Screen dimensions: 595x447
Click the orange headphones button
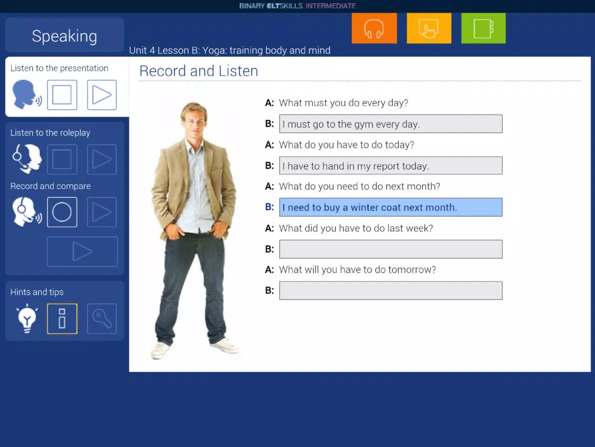tap(374, 28)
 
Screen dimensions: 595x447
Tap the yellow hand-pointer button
tap(429, 28)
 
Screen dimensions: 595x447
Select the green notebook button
tap(483, 28)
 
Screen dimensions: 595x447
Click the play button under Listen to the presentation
tap(102, 94)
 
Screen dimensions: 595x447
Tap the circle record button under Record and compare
tap(62, 212)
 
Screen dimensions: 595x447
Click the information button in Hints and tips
tap(62, 318)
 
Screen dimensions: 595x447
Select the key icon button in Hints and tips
tap(102, 318)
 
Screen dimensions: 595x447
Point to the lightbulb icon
tap(27, 318)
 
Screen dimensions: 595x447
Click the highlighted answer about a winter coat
tap(391, 207)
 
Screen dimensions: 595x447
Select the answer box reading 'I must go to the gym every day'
tap(391, 124)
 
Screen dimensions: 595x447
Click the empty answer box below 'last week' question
tap(391, 249)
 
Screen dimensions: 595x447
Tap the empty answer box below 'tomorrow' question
tap(391, 291)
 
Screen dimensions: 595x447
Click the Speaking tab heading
tap(64, 35)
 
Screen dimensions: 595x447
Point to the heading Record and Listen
tap(199, 71)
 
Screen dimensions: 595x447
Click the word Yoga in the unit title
tap(214, 50)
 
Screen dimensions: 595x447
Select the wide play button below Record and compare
tap(82, 252)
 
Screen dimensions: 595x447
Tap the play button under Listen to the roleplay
tap(102, 159)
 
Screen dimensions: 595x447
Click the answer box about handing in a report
tap(391, 166)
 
